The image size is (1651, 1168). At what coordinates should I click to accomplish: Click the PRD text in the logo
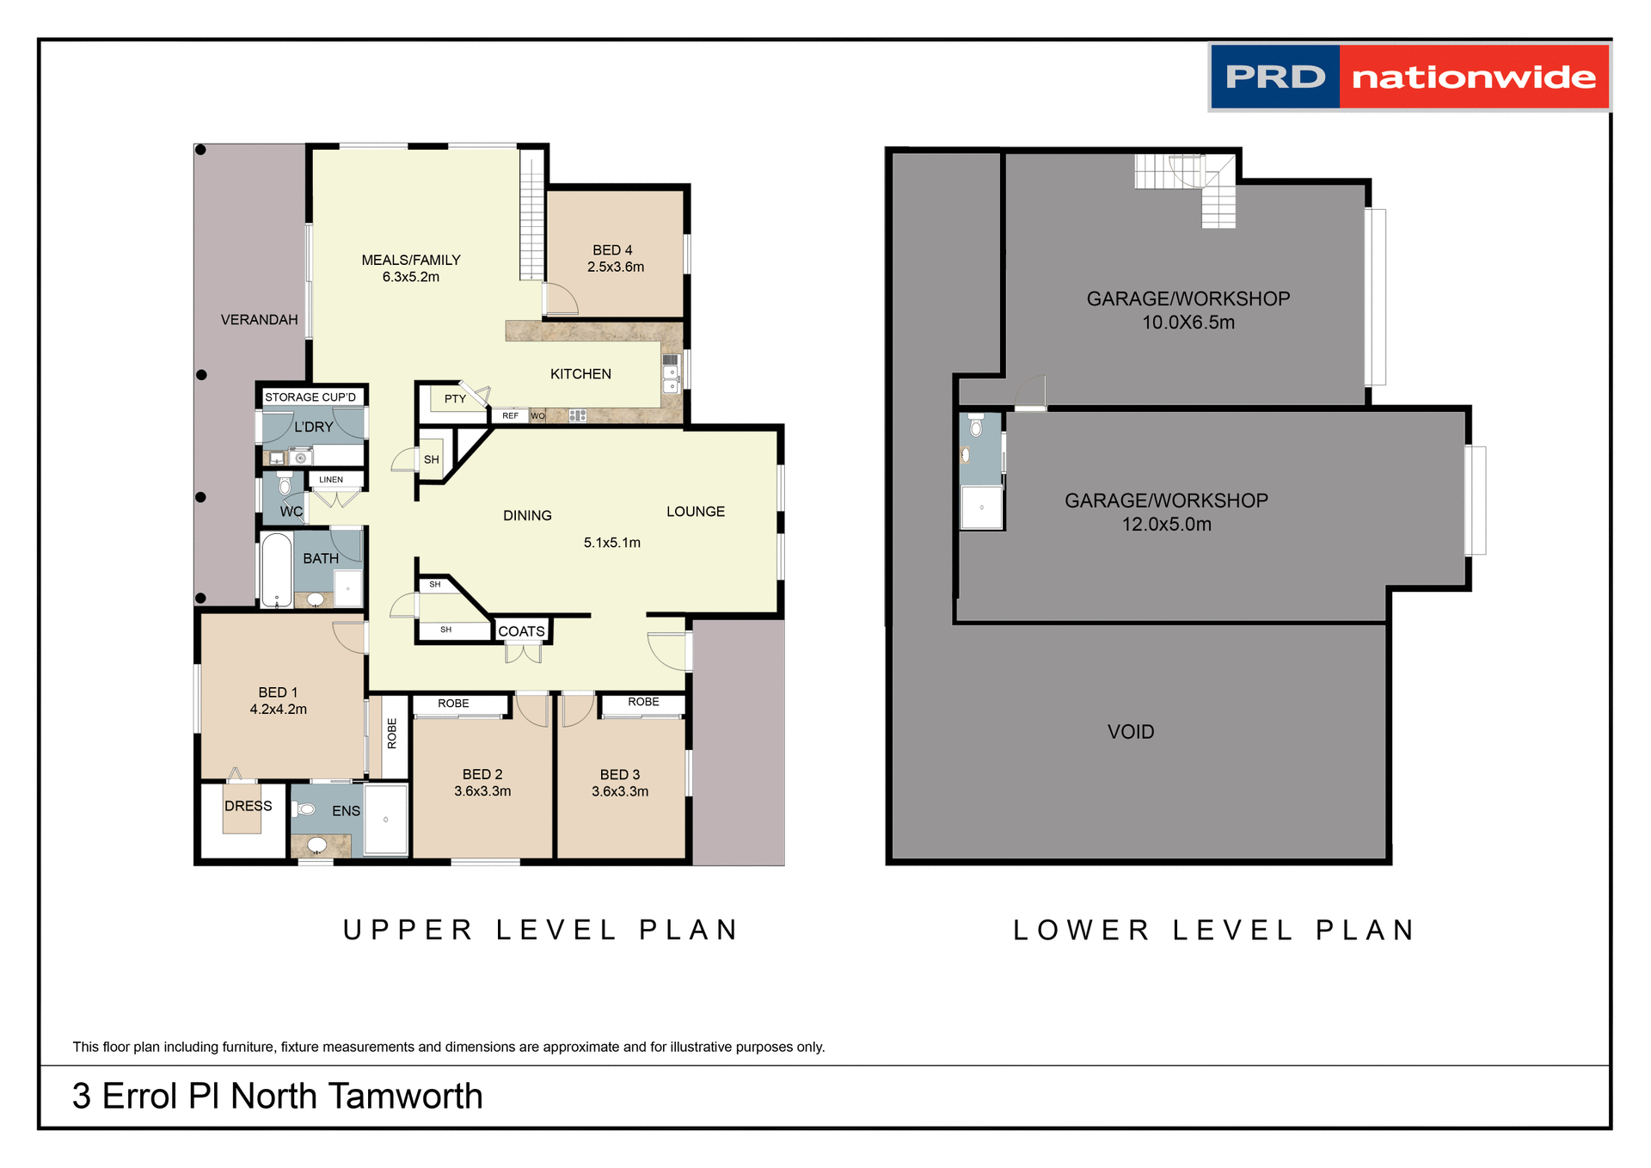coord(1275,77)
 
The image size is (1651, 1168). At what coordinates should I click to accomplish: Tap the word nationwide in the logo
coord(1473,77)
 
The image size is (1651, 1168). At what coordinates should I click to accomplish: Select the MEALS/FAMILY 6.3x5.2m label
coord(411,268)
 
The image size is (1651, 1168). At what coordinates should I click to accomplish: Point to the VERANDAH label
coord(259,320)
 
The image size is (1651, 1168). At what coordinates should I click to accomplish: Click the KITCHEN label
coord(580,374)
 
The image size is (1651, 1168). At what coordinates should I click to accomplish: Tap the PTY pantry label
coord(455,399)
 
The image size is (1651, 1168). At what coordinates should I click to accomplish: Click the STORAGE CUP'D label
coord(310,397)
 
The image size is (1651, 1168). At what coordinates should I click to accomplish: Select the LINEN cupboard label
coord(331,480)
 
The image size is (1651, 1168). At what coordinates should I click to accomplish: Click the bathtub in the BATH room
coord(277,570)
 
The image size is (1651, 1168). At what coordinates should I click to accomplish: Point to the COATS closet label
coord(521,631)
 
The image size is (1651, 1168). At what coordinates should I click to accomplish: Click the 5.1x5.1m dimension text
coord(611,543)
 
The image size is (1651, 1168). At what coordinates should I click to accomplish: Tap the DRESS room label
coord(248,806)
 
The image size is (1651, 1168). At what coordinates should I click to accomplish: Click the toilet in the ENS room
coord(304,809)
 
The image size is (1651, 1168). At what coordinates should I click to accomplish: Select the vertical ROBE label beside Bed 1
coord(392,734)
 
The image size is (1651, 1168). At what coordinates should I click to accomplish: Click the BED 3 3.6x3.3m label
coord(620,783)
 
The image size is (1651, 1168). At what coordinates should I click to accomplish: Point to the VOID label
coord(1130,732)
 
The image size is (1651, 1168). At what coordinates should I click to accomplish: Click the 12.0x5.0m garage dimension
coord(1166,525)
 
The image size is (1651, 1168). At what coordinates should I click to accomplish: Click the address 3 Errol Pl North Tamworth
coord(277,1097)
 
